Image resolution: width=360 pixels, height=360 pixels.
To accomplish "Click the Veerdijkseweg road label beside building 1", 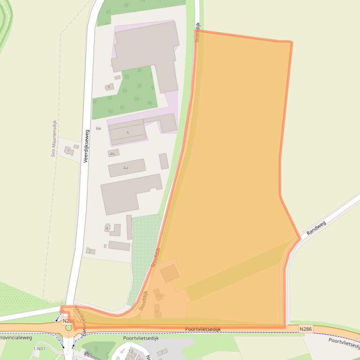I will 86,146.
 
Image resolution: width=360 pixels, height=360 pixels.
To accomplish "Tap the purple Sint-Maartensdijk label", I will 53,138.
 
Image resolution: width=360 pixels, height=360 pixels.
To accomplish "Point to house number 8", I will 109,86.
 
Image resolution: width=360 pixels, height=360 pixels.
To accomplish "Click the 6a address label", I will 98,128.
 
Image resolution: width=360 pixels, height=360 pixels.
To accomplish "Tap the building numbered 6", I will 127,132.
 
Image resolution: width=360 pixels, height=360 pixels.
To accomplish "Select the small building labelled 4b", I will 112,153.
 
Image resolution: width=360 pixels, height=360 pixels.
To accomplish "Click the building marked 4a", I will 126,167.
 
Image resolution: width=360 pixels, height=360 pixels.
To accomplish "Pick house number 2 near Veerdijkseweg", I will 89,251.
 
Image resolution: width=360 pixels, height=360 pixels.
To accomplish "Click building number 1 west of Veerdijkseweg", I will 68,151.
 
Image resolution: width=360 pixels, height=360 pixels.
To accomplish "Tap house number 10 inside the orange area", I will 158,295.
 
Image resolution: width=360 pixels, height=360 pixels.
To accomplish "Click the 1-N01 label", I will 40,349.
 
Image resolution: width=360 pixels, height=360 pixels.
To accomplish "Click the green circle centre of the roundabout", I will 69,328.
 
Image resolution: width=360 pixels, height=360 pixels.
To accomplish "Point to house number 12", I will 131,351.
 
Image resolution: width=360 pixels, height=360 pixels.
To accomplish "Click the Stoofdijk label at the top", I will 198,33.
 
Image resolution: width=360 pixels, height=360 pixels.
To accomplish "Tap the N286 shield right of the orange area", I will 305,330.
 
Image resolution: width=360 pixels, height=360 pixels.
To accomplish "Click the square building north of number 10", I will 170,273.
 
